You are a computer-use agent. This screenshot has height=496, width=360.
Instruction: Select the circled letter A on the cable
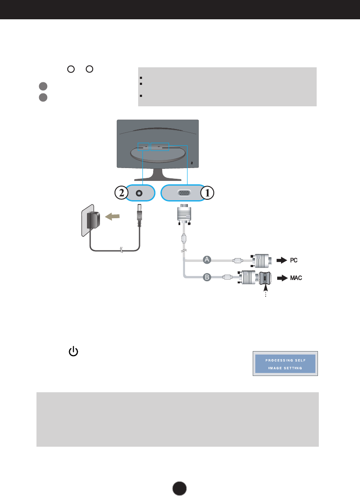tap(207, 259)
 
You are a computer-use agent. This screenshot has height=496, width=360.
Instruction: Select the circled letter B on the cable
tap(207, 277)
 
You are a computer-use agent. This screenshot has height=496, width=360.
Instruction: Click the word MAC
tap(296, 278)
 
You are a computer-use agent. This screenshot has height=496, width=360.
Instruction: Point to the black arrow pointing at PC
tap(281, 260)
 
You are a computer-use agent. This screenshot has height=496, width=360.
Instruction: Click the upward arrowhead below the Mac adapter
tap(266, 287)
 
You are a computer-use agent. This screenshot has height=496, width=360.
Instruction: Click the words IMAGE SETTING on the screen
tap(284, 368)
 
